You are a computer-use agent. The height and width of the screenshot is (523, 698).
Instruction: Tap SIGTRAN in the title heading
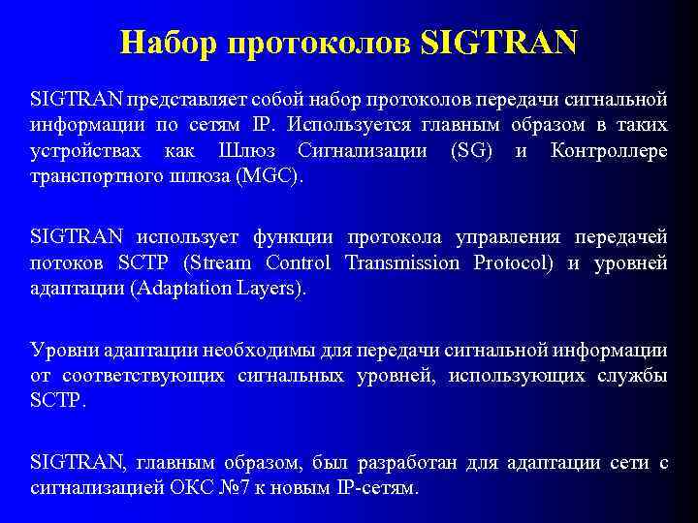(x=499, y=42)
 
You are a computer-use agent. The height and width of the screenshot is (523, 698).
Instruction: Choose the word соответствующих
(x=143, y=375)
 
